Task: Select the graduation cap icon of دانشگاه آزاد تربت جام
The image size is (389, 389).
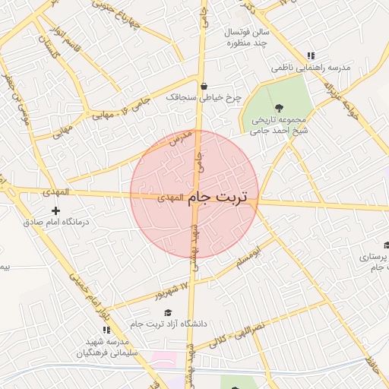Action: click(x=167, y=312)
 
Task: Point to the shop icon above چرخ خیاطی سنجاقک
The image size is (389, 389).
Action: click(x=204, y=85)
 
